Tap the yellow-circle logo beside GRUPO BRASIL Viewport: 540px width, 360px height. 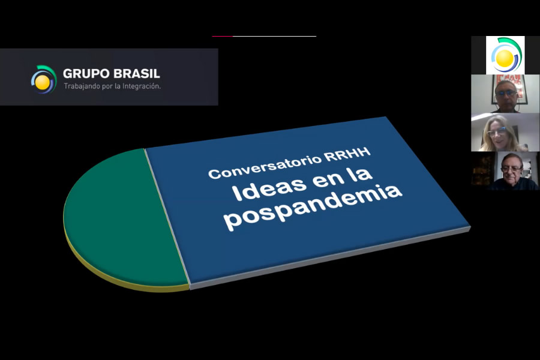tap(43, 80)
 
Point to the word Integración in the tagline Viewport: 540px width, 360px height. tap(142, 86)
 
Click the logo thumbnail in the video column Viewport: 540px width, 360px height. tap(505, 55)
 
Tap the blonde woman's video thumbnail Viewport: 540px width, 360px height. tap(505, 132)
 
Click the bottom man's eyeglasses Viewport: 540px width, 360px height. tap(511, 169)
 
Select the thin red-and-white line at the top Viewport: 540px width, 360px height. tap(264, 36)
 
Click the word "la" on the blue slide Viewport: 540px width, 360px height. tap(362, 173)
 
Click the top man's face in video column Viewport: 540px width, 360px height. tap(506, 94)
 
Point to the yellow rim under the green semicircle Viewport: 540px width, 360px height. tap(113, 275)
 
